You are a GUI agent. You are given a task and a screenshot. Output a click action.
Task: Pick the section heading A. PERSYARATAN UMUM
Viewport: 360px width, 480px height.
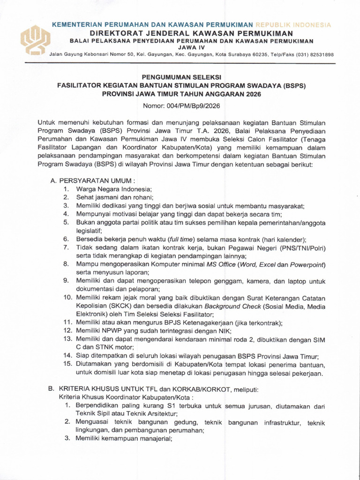92,180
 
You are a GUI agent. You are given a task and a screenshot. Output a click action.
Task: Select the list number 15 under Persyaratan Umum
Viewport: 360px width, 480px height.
67,364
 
